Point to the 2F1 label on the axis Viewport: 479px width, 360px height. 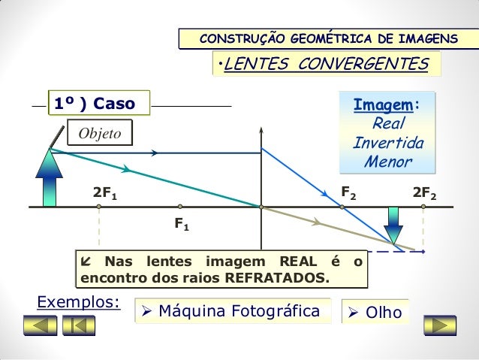104,193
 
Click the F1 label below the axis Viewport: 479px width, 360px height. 181,223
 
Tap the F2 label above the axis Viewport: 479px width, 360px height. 349,192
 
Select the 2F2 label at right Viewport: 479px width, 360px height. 425,193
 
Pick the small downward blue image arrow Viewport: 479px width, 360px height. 393,223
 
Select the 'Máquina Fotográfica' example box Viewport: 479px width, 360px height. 234,311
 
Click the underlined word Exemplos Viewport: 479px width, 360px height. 77,302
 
